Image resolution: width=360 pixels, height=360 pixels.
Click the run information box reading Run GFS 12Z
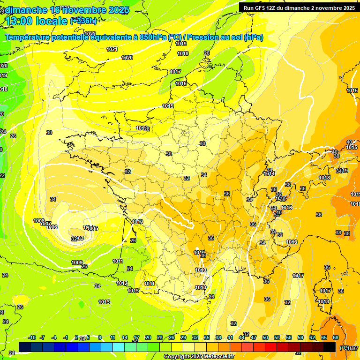297,7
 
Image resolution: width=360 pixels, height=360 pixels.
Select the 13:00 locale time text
36,21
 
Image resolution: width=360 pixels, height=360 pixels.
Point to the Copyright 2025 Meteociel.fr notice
199,357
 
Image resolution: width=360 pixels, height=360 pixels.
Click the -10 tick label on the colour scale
32,337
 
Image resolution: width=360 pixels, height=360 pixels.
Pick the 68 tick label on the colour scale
336,337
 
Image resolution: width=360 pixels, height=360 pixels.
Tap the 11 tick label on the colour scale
112,337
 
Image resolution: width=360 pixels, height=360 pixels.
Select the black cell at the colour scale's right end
330,347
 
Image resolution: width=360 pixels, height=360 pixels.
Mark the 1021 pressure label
112,49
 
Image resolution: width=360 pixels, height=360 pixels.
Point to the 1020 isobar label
127,58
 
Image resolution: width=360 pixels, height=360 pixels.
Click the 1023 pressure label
90,34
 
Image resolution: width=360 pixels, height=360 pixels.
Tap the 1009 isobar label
77,262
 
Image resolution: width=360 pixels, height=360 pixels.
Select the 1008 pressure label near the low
39,221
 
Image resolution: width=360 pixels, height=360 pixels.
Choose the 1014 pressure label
269,174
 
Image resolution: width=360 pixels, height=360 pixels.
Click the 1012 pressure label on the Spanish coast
122,283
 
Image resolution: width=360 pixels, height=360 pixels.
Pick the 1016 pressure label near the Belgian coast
181,83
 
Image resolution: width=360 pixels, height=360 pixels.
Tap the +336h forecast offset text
84,21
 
